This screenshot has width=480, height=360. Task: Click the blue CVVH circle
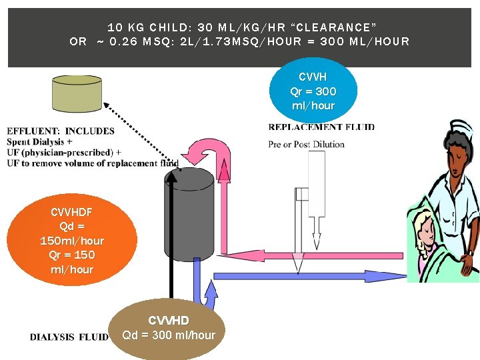tap(313, 91)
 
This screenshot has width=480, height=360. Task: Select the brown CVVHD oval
tap(168, 329)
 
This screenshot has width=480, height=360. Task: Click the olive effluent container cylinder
tap(77, 93)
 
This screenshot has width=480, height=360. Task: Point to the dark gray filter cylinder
tap(188, 217)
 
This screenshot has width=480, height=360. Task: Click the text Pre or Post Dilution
tap(306, 144)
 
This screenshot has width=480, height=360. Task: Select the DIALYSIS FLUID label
tap(69, 337)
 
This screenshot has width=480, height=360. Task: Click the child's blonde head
tap(427, 219)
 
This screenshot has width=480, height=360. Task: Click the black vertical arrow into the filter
tap(171, 233)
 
